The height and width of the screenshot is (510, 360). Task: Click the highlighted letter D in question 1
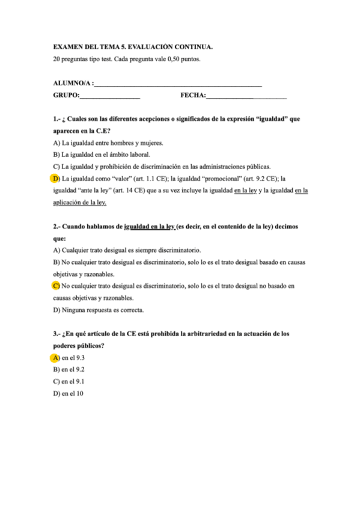point(56,179)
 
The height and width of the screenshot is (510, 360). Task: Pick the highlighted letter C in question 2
point(56,286)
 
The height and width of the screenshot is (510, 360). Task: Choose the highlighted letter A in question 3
point(56,357)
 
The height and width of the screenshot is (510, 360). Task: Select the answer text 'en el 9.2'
point(73,369)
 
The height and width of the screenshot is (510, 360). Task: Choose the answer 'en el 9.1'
point(73,381)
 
